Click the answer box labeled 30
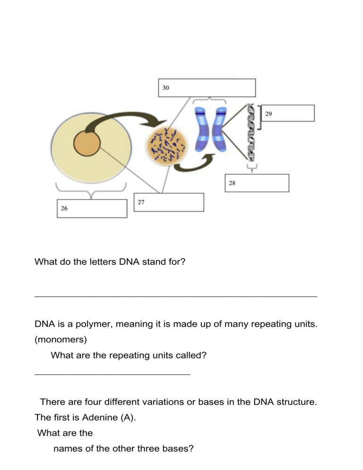click(x=206, y=88)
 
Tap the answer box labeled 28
click(x=256, y=183)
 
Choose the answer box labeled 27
click(x=169, y=202)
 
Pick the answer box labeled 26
click(x=92, y=209)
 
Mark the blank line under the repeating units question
click(x=112, y=374)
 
